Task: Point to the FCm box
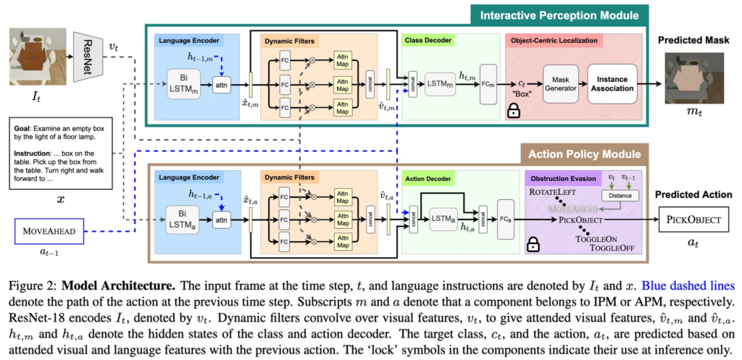coord(489,85)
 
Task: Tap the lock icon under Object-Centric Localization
coord(514,112)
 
